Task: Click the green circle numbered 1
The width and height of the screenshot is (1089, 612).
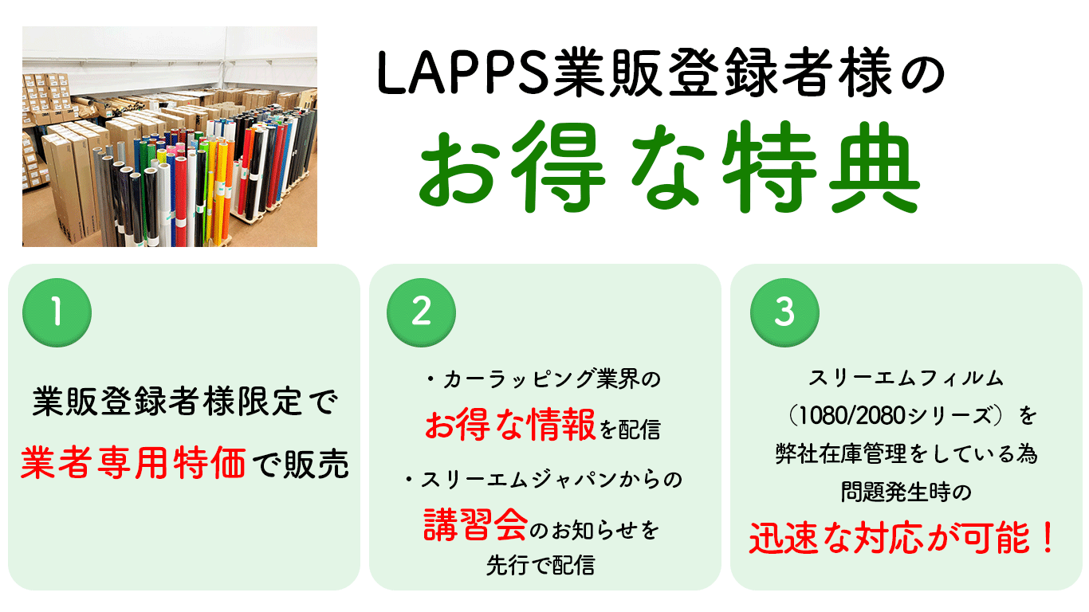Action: click(x=57, y=312)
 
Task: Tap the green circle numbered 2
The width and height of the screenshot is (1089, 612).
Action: click(x=421, y=312)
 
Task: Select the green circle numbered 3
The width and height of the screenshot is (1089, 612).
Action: click(x=784, y=312)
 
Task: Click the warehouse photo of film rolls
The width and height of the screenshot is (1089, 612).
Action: click(x=170, y=137)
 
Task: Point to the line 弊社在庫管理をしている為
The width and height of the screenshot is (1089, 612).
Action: click(x=906, y=453)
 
